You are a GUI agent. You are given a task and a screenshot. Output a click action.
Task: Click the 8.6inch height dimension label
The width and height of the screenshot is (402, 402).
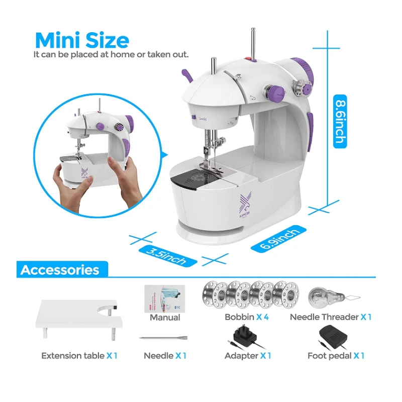pos(340,121)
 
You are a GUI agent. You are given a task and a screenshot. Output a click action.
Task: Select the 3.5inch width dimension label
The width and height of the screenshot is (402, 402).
pos(168,256)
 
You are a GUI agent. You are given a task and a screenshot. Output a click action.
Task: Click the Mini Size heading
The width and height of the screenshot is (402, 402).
pos(82,40)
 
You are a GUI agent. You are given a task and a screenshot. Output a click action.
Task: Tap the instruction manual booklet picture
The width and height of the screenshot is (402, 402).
pos(165,298)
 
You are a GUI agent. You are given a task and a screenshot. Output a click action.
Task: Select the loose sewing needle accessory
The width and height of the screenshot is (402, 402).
pos(164,338)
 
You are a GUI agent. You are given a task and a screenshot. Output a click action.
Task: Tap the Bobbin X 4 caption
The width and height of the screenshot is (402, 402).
pos(247,317)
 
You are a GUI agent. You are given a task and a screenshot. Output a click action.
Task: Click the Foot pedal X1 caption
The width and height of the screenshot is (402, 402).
pos(336,356)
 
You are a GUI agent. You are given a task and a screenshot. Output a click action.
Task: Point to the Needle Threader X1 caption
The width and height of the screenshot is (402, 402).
pos(331,317)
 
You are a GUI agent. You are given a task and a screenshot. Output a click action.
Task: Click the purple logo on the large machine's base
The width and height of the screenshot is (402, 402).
pos(245,206)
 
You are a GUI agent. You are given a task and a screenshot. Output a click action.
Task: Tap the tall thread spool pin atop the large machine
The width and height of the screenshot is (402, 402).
pos(253,44)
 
